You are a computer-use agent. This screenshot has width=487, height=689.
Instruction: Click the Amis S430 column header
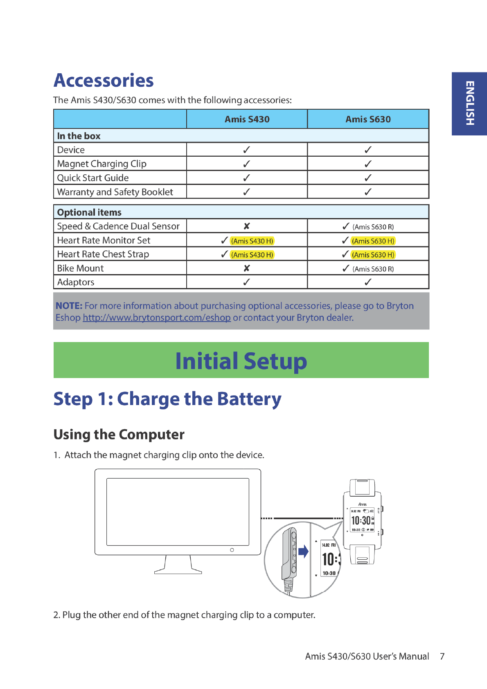(247, 119)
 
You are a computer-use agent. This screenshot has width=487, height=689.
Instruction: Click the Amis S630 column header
(368, 119)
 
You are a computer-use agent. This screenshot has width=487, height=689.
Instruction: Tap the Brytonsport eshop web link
(157, 317)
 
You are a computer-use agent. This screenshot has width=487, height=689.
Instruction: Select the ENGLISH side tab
(469, 104)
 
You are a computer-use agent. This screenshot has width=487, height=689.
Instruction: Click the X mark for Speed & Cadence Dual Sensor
(246, 226)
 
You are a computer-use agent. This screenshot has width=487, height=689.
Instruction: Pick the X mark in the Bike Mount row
(246, 268)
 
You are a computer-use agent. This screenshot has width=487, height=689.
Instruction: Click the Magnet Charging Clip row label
(101, 164)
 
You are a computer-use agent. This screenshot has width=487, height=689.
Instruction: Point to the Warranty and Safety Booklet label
(115, 192)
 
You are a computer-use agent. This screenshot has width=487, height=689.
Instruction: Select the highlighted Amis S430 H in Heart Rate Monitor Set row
(252, 241)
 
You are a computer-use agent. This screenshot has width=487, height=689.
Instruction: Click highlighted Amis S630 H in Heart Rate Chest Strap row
(373, 255)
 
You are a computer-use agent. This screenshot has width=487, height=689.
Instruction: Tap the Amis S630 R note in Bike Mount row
(373, 269)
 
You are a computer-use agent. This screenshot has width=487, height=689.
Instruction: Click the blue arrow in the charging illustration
(303, 552)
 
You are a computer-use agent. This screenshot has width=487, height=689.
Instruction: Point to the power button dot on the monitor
(232, 550)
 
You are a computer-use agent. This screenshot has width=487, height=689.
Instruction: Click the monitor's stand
(178, 565)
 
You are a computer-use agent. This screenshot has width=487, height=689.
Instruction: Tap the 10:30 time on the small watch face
(361, 520)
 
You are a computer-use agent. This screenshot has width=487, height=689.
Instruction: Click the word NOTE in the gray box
(69, 306)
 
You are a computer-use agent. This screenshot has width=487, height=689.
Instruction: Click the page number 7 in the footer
(442, 656)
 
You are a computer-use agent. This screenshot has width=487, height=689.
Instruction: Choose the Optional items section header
(89, 212)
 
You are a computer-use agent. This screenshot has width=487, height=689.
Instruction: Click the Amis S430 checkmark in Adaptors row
(246, 282)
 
